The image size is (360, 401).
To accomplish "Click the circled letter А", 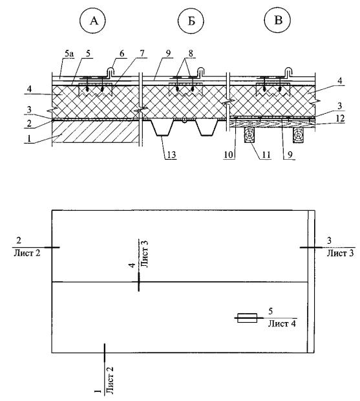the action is (94, 21).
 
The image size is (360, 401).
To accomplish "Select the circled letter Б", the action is (191, 21).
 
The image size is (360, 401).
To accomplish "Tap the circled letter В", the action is (278, 20).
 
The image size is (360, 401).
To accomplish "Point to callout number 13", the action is (171, 155).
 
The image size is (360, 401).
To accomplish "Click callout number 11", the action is (266, 155).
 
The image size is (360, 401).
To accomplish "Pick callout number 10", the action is (228, 155).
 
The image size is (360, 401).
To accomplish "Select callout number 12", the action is (340, 118).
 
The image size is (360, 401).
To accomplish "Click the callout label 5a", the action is (69, 54).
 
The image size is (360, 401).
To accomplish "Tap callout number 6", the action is (122, 54).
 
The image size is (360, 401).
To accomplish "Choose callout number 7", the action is (142, 54).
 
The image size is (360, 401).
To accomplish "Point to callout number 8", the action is (191, 54).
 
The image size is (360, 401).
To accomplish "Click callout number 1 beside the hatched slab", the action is (29, 138).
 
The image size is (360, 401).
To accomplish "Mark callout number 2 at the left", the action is (29, 123).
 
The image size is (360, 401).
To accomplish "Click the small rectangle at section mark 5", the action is (247, 318).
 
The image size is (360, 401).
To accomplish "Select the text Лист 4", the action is (282, 324).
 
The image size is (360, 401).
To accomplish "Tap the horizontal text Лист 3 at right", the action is (341, 253).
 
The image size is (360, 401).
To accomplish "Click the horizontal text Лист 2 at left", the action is (27, 253).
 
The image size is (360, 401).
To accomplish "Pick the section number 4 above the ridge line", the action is (132, 265).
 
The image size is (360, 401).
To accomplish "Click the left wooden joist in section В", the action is (249, 134).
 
